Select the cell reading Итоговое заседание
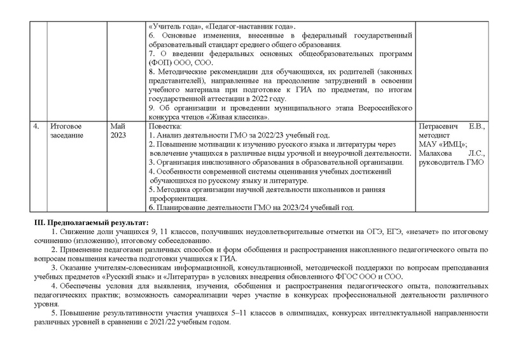pyautogui.click(x=67, y=131)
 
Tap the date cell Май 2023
pyautogui.click(x=118, y=131)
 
